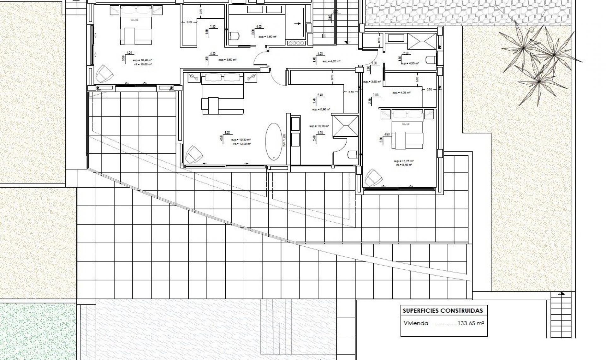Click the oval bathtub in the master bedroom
(x=273, y=141)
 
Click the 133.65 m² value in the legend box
(x=471, y=323)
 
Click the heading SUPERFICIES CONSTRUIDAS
(x=443, y=311)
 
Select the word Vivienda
(x=416, y=323)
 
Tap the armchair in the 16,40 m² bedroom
(x=104, y=74)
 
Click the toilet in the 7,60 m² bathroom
(x=234, y=36)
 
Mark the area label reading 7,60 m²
(x=267, y=37)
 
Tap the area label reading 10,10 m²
(x=319, y=126)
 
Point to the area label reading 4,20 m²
(x=331, y=61)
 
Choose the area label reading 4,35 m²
(x=401, y=93)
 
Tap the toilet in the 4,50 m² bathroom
(x=431, y=59)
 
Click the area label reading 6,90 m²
(x=321, y=110)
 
